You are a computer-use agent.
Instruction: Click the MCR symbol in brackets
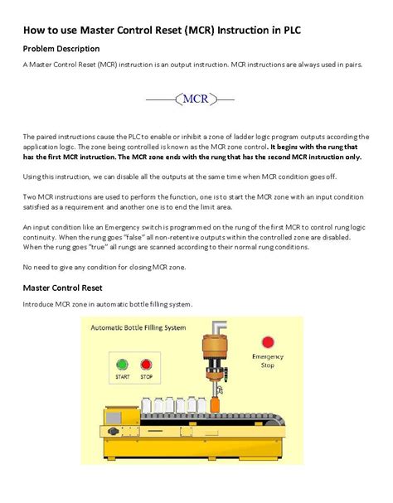196,100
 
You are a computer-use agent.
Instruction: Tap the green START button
123,364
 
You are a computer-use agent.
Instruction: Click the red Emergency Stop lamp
267,341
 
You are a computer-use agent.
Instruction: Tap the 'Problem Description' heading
61,49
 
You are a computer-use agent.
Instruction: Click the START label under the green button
123,377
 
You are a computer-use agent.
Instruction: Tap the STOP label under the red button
146,377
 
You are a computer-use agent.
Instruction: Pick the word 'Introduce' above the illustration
41,305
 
